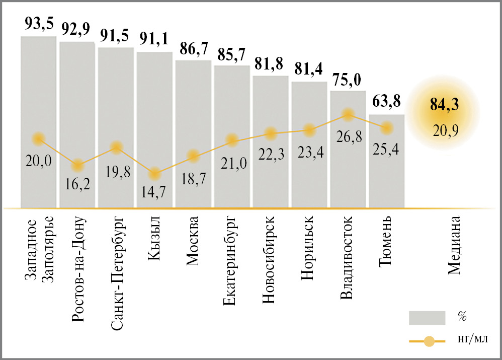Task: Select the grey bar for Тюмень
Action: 386,166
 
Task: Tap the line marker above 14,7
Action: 154,173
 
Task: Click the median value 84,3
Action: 445,106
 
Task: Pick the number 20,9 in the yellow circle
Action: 445,130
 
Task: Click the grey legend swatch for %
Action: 427,318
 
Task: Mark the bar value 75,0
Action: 348,81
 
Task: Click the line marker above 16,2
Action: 77,165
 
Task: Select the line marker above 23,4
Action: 309,130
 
